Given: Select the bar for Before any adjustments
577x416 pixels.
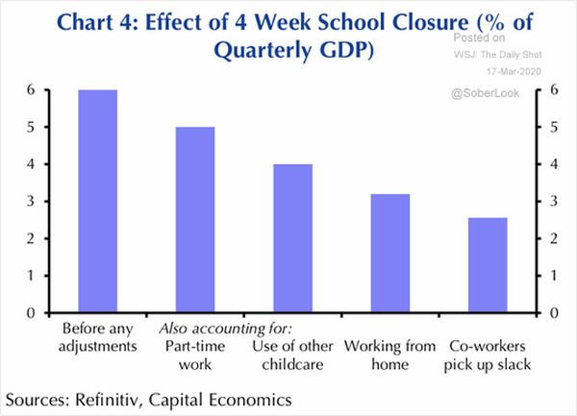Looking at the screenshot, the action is point(98,201).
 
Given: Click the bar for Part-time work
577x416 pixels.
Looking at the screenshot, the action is point(195,220).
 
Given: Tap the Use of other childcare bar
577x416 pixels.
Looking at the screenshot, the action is point(293,238).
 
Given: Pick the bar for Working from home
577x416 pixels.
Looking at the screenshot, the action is point(390,254).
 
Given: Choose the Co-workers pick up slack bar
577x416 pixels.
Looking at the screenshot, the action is point(488,265).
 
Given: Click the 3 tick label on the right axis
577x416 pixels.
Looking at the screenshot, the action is point(554,202).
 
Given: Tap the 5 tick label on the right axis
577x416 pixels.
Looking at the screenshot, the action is point(554,127).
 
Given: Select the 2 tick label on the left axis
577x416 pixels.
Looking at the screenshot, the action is point(31,238).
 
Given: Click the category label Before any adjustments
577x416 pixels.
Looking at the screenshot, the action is point(98,337).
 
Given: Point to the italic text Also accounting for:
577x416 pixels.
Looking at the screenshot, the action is point(226,329).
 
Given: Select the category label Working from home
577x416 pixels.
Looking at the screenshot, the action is point(390,355).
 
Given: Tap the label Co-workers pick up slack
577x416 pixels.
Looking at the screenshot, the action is point(488,355).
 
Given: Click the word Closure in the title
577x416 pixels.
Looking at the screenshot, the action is point(431,22).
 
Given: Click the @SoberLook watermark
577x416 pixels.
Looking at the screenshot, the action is point(485,93).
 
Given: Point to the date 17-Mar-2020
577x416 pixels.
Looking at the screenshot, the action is point(514,71).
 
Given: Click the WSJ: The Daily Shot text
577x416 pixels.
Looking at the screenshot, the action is point(498,55).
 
